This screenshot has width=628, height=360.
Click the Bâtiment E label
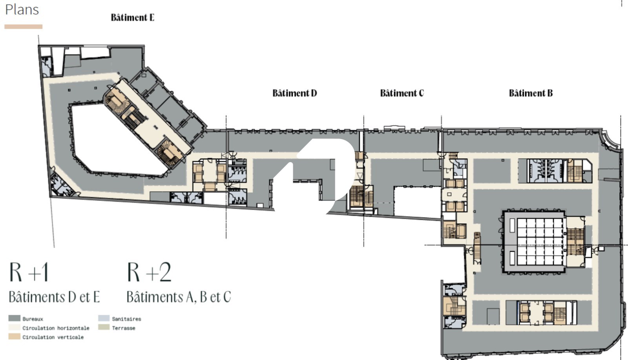click(x=133, y=17)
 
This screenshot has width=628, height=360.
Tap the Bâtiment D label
click(x=295, y=93)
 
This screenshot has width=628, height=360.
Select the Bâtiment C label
click(x=402, y=93)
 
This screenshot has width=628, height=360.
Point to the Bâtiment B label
click(x=531, y=93)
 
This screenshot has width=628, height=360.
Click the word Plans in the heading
click(x=22, y=9)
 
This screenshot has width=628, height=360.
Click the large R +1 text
click(x=29, y=272)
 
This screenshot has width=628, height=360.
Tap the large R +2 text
click(x=149, y=272)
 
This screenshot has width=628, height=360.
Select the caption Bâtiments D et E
click(x=55, y=297)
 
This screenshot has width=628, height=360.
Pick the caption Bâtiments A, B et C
click(x=179, y=297)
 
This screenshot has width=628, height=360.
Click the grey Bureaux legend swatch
click(x=14, y=318)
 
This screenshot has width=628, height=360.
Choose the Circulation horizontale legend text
click(x=56, y=328)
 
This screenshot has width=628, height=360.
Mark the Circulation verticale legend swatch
click(x=14, y=336)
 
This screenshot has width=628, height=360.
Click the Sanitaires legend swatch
click(x=104, y=318)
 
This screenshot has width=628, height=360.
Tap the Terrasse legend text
click(x=124, y=328)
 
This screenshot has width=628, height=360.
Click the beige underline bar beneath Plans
click(x=23, y=27)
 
